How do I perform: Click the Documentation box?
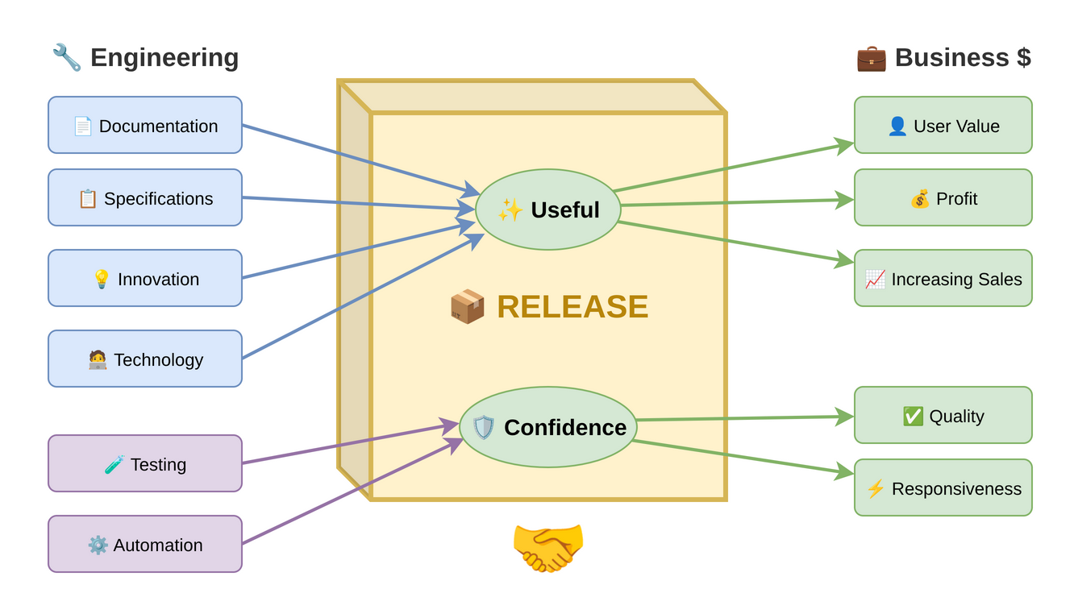point(145,125)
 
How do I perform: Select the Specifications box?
point(145,197)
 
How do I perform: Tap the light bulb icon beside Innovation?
point(102,279)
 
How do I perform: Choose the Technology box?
point(145,359)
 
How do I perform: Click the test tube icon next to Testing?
point(114,464)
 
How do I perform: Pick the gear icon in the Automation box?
point(98,545)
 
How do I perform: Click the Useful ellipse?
point(548,210)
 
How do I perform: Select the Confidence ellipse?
point(548,427)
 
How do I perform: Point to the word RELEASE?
point(572,306)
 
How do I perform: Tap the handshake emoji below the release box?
point(548,546)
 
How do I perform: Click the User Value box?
point(943,125)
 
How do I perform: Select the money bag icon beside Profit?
point(920,198)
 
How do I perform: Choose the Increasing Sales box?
point(943,278)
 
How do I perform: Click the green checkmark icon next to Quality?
point(913,416)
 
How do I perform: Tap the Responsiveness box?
point(943,487)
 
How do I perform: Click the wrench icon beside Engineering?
point(67,57)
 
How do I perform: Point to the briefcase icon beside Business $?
point(871,58)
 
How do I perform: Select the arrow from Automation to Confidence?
point(351,492)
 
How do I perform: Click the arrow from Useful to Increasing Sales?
point(734,242)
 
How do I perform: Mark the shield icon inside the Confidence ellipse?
point(484,427)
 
